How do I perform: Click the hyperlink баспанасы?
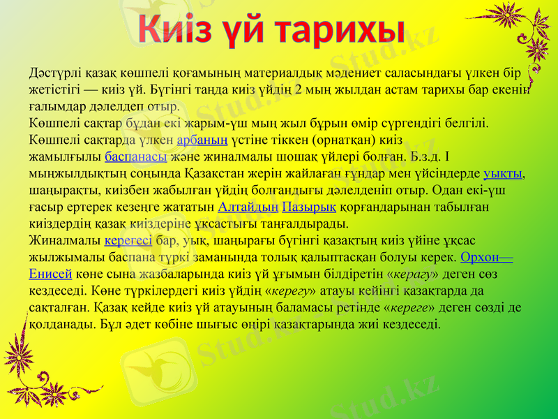click(135, 157)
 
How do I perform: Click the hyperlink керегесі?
click(128, 242)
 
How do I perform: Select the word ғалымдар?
click(59, 107)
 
